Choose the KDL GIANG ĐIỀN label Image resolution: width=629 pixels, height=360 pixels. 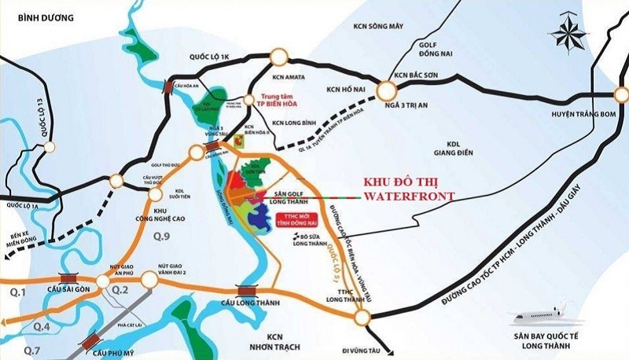(456, 150)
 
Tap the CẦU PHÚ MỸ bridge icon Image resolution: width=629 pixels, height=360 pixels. (94, 339)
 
